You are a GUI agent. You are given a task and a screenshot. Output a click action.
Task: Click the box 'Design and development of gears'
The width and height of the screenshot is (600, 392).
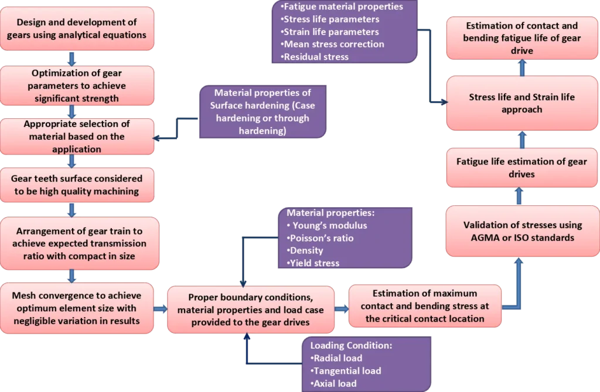point(77,29)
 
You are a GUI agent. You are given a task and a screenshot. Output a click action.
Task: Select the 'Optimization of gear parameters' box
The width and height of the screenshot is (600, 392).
point(77,86)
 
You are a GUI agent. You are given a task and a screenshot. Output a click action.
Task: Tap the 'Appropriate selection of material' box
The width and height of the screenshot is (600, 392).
point(77,136)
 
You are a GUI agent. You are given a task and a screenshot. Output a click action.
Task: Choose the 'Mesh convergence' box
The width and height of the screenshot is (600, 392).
point(77,308)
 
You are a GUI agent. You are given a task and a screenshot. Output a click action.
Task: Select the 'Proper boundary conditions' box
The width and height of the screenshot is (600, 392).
point(251,310)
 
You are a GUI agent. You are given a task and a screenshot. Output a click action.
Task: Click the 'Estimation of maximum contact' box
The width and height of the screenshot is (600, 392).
point(424,305)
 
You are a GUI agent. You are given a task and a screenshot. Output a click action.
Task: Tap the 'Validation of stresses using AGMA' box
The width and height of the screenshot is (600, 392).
point(522,231)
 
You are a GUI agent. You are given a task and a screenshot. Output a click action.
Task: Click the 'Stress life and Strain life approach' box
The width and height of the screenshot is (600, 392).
point(522,103)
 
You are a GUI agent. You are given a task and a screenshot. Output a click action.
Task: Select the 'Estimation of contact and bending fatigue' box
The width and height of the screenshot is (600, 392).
point(522,38)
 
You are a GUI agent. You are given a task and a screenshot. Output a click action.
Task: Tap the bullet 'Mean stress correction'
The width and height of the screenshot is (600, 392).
point(333,44)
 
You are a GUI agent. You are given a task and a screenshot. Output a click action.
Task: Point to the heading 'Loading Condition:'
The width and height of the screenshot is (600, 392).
point(351,345)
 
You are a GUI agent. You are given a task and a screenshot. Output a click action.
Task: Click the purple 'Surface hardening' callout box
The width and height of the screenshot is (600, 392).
point(262,112)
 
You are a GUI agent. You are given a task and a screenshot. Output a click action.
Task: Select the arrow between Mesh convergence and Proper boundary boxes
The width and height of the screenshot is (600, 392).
point(160,308)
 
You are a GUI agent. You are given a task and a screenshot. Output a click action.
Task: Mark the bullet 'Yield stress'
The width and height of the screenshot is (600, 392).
point(315,263)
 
